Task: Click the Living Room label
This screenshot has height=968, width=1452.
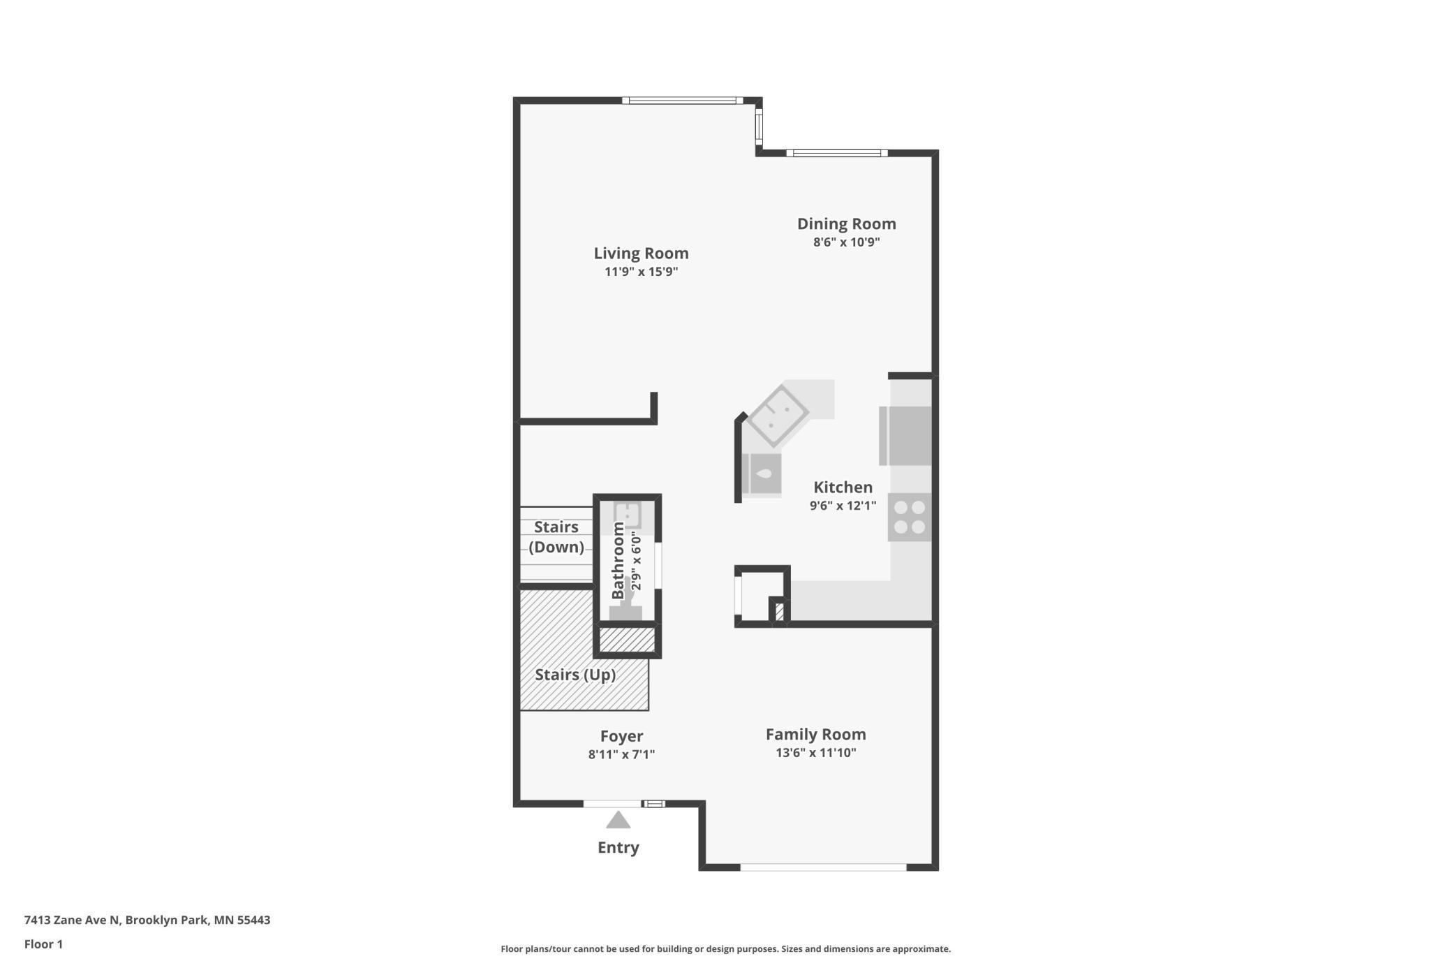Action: [641, 253]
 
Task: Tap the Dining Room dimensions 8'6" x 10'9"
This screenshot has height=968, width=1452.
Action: [846, 242]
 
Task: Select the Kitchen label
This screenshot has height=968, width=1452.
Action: [843, 487]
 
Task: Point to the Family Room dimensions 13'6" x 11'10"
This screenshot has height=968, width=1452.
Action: [815, 752]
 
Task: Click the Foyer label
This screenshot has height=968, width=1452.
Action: [621, 736]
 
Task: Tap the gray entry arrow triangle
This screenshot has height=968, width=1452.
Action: [618, 820]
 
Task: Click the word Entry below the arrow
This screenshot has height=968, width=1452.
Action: [618, 847]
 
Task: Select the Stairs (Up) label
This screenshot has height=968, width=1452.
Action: [575, 675]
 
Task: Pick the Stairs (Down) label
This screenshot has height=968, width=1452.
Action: [556, 536]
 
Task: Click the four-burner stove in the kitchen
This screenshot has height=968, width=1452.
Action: [909, 518]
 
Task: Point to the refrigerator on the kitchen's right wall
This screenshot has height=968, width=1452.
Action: [905, 436]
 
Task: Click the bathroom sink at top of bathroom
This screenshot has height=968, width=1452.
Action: [627, 515]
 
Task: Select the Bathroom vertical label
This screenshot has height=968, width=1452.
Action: [618, 560]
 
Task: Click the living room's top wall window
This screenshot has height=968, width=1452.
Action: [682, 101]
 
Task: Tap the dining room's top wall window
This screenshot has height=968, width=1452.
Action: [836, 153]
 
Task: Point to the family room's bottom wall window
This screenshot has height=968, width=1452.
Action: [823, 867]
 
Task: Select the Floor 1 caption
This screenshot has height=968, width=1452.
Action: [43, 944]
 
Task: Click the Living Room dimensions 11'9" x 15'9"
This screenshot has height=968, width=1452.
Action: [641, 272]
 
